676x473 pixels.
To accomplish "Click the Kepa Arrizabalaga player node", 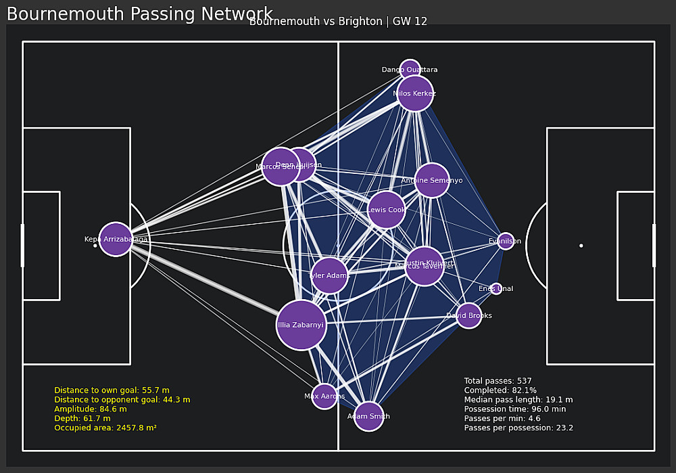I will (x=116, y=239).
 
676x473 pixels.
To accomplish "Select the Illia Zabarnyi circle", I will (x=301, y=325).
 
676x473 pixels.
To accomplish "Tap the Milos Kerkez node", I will (x=414, y=93).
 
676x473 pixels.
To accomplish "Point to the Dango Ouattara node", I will (x=410, y=70).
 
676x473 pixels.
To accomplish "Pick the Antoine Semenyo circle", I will (x=432, y=180).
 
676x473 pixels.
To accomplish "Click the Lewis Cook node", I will (x=387, y=210).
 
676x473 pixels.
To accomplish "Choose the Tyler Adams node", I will (x=329, y=275).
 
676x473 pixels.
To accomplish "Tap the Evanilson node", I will (x=506, y=241).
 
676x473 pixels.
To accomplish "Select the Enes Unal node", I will (x=496, y=289).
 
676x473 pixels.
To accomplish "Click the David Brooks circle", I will (x=468, y=315).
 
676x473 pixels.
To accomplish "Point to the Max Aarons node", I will (x=324, y=397).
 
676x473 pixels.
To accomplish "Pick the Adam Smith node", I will (x=368, y=416).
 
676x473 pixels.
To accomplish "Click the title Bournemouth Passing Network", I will (x=139, y=14).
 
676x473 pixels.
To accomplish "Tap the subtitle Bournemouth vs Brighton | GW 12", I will (x=338, y=22).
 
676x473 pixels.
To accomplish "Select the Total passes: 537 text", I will (x=498, y=381).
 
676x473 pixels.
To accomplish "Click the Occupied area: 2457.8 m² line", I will (x=105, y=428).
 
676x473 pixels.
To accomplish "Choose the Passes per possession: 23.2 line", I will (x=518, y=428).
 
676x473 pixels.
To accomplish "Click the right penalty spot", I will (x=581, y=246).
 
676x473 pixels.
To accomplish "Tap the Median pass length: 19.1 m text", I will (x=518, y=399).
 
